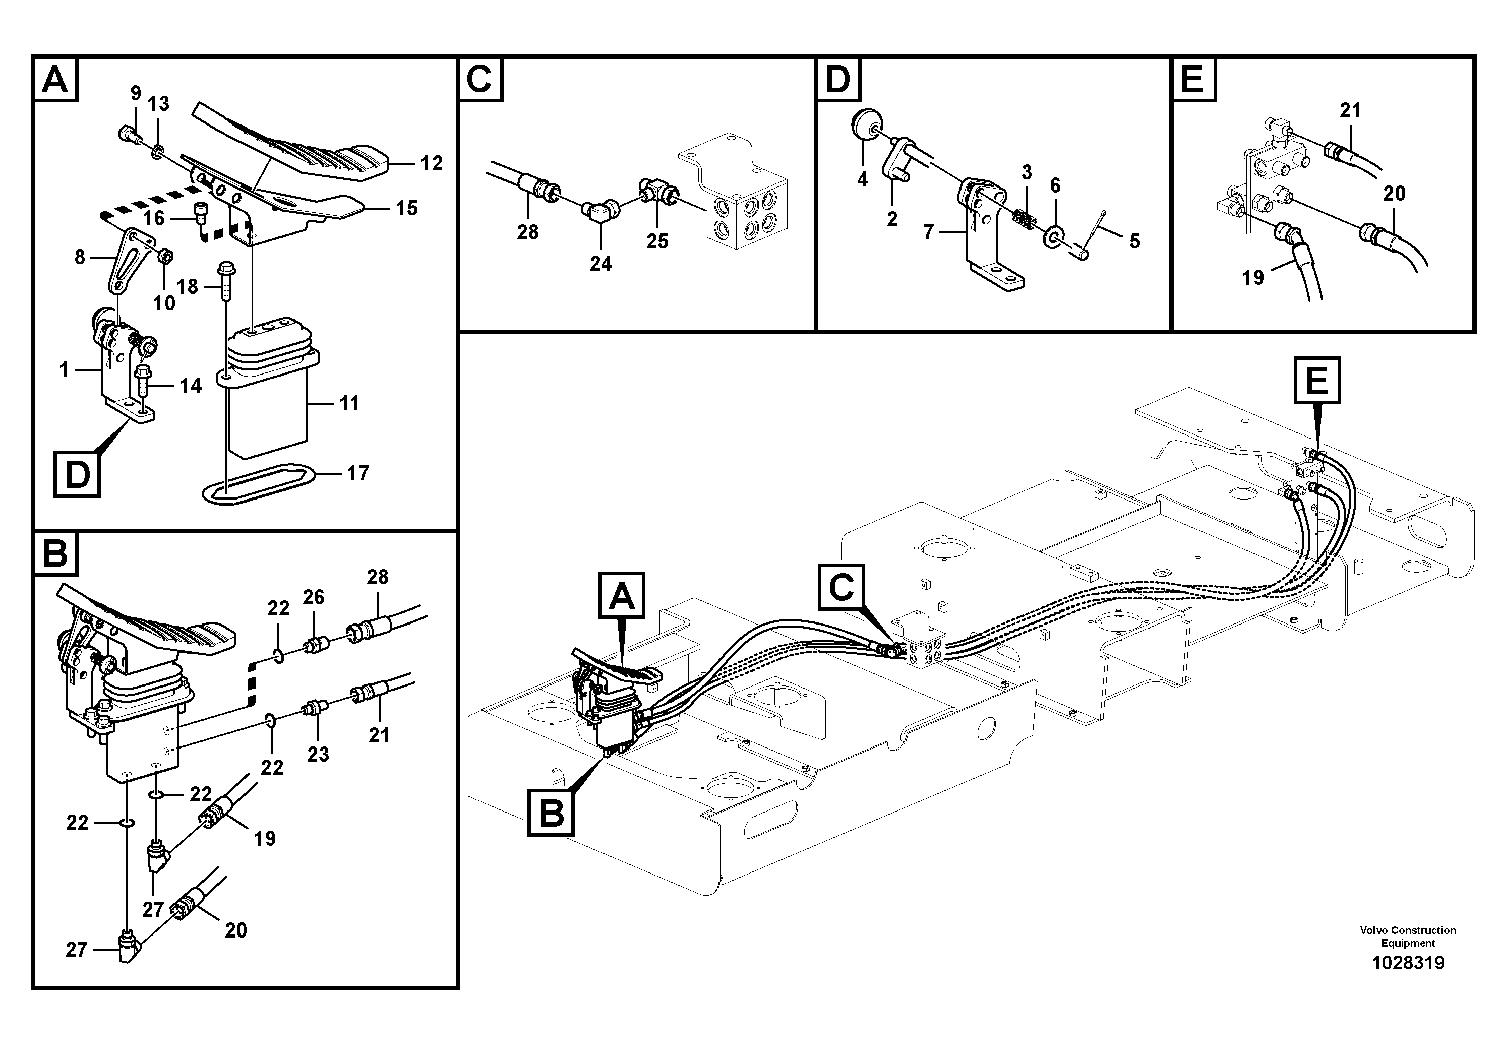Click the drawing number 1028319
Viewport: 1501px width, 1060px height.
(x=1408, y=963)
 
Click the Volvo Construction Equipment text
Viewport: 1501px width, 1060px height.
(x=1408, y=936)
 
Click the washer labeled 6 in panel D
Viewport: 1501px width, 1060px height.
(x=1053, y=235)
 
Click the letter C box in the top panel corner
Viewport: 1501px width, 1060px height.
(x=481, y=80)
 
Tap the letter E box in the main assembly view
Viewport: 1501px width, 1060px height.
(x=1316, y=380)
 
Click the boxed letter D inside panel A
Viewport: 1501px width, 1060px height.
(x=77, y=474)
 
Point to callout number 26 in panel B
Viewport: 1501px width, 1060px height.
(x=313, y=597)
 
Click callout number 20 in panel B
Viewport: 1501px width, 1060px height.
(x=235, y=930)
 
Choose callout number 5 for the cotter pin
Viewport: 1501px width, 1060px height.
(x=1134, y=241)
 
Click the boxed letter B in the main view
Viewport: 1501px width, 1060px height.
(x=552, y=814)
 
